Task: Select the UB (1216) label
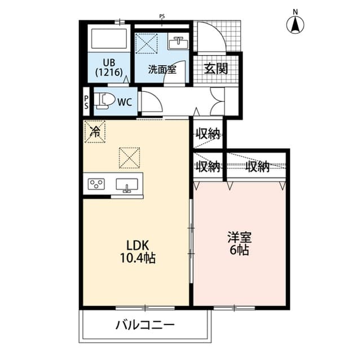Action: click(109, 68)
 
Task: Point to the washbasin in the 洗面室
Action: click(180, 43)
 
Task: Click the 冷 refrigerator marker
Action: click(95, 132)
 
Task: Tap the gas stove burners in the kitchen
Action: click(97, 184)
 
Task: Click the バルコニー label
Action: click(145, 325)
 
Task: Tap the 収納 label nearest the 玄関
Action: click(207, 134)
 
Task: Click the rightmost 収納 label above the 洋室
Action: click(257, 167)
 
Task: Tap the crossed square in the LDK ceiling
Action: click(129, 157)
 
